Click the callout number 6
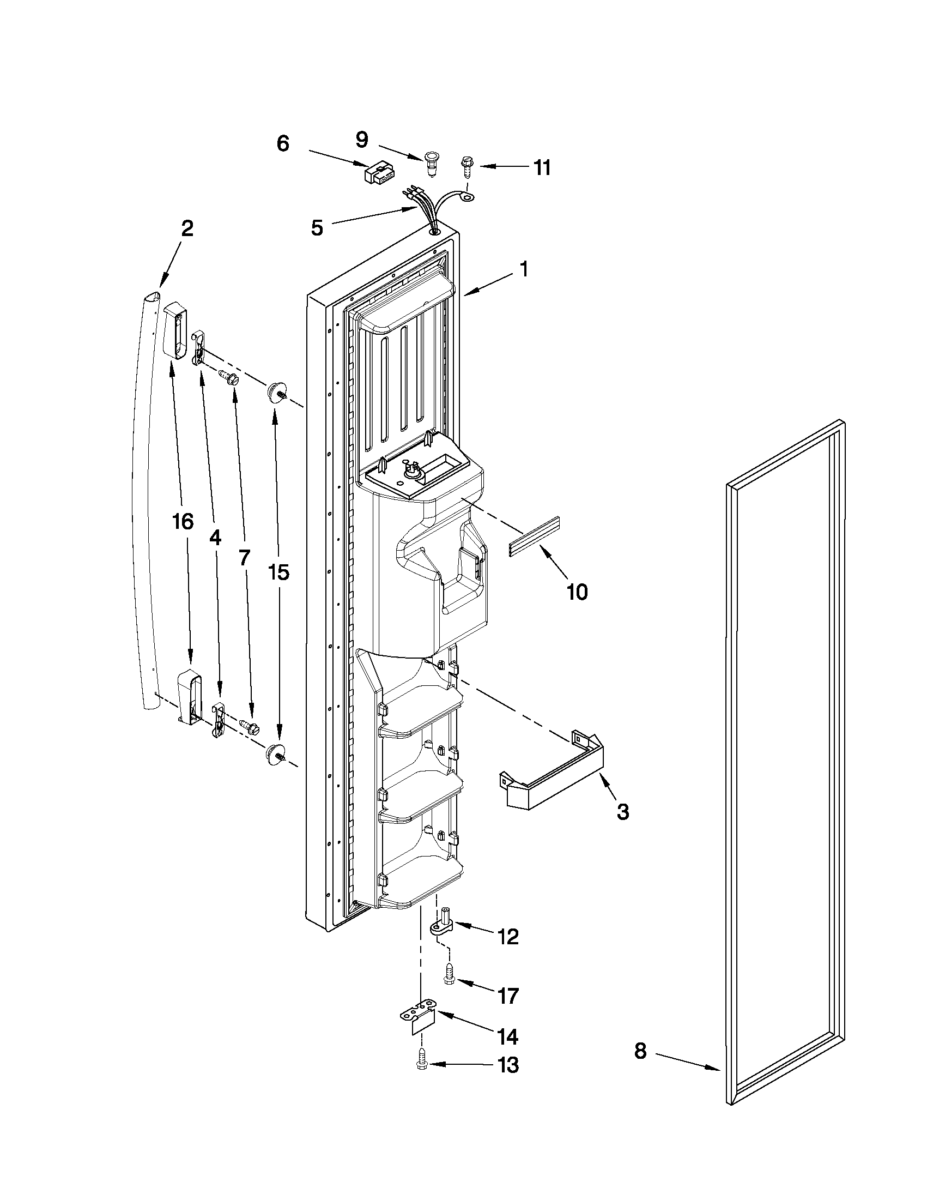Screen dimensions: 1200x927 [x=282, y=143]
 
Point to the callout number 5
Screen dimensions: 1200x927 [x=317, y=227]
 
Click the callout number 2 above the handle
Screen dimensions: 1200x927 [x=187, y=228]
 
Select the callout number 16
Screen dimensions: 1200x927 [x=183, y=521]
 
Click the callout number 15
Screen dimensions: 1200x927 [x=278, y=572]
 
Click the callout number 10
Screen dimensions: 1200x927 [x=577, y=592]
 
